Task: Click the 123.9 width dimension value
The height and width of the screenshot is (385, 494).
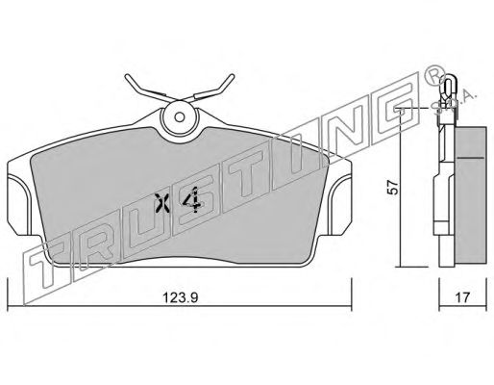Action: click(x=181, y=297)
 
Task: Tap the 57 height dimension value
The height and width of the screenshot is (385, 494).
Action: click(x=393, y=188)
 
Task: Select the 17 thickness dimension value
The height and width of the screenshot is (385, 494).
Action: click(x=462, y=297)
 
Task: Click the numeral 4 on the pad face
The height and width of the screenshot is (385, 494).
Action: click(x=192, y=200)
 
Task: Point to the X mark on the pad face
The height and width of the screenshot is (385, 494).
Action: click(x=161, y=203)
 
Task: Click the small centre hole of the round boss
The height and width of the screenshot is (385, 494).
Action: click(x=180, y=117)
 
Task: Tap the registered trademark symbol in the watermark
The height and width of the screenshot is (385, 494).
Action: click(x=434, y=75)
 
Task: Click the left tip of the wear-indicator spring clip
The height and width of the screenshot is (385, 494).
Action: click(x=127, y=76)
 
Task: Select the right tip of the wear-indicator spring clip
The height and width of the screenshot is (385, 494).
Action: click(x=233, y=76)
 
